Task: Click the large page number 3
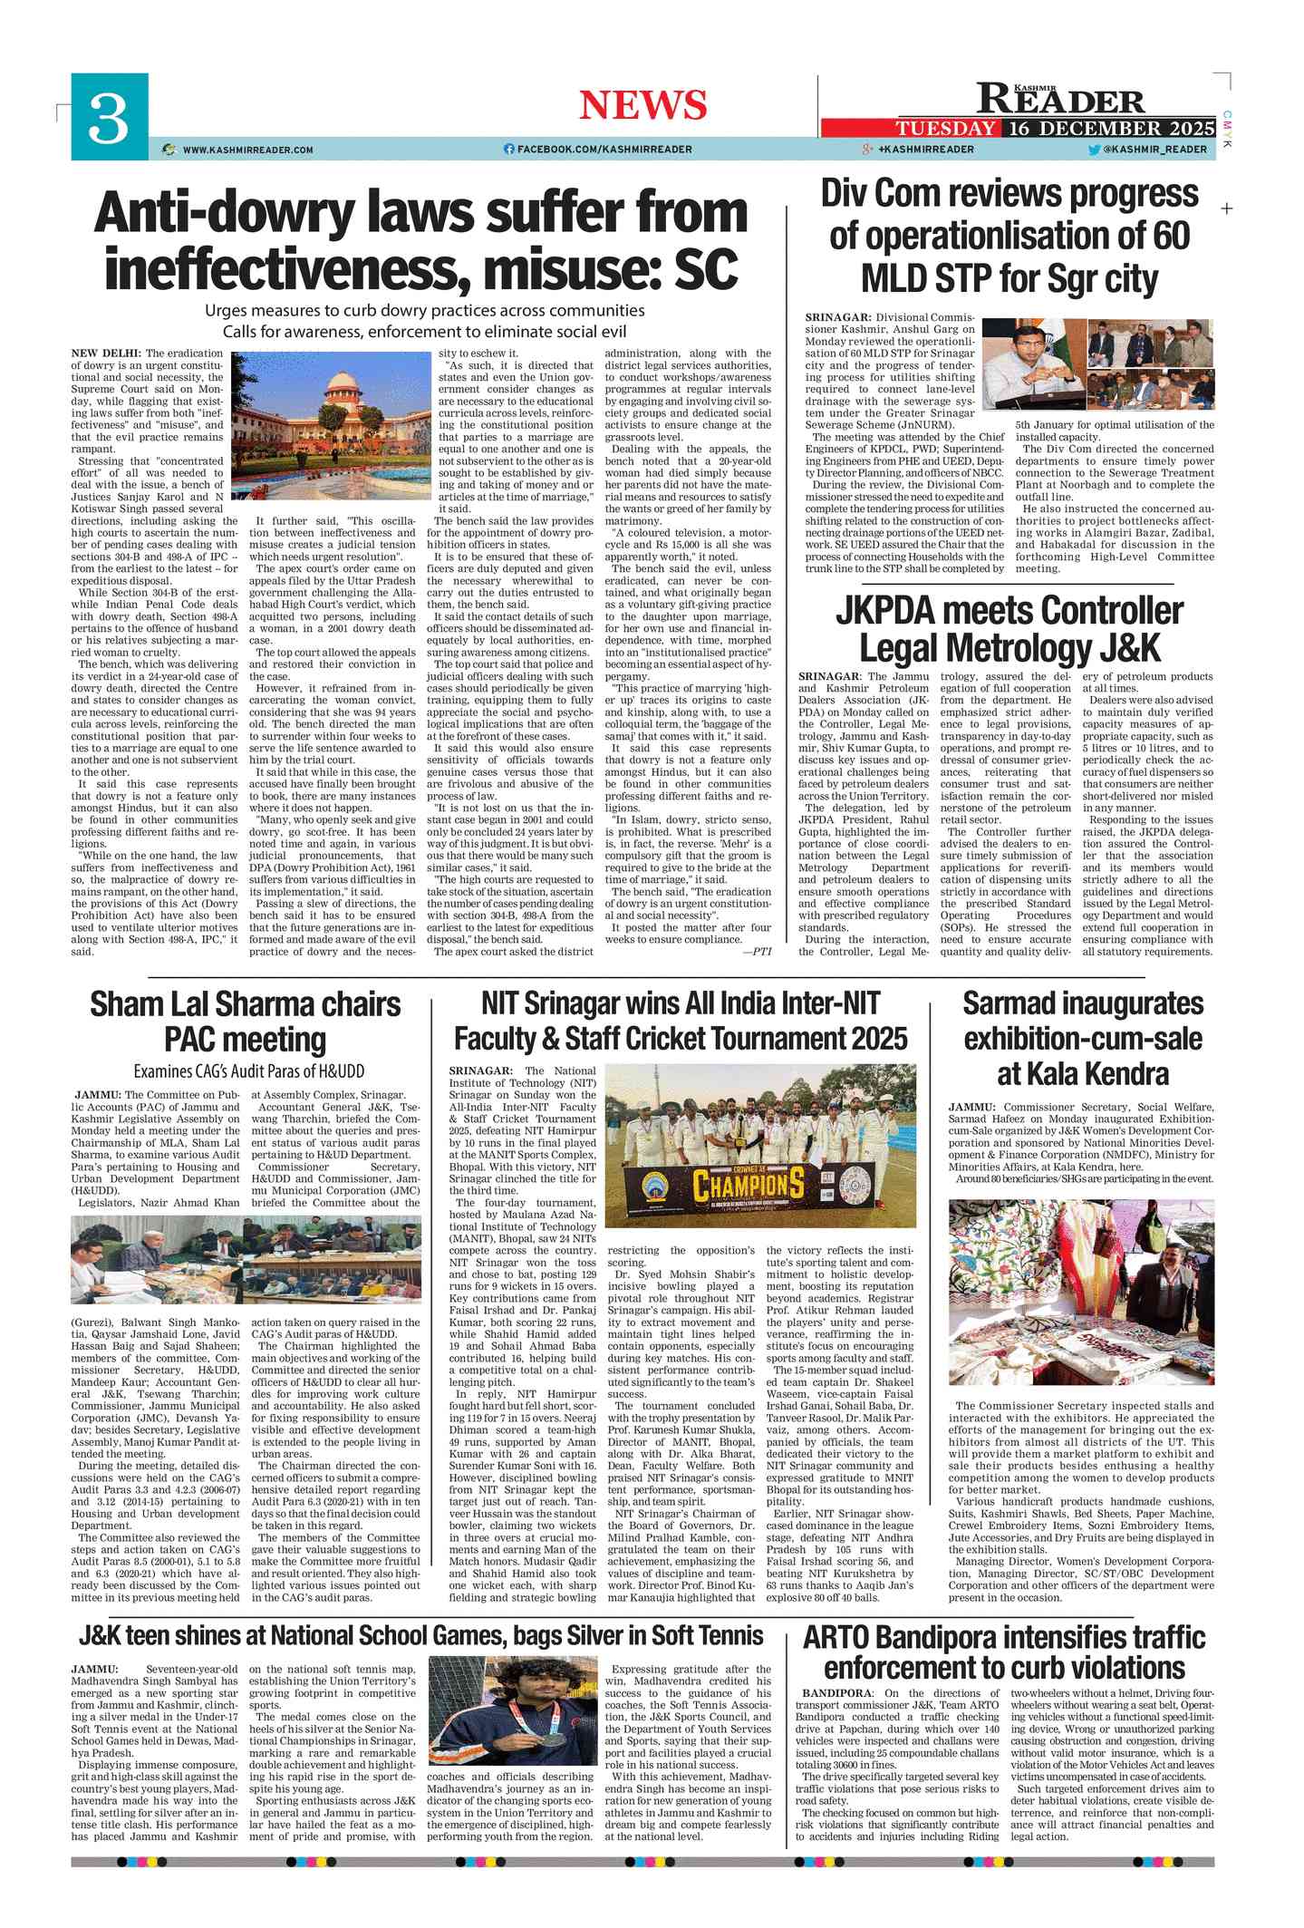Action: point(109,118)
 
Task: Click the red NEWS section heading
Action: point(642,105)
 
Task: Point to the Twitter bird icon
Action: point(1094,150)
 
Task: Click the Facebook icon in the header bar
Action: point(508,150)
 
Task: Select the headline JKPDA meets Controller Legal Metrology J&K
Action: point(1009,629)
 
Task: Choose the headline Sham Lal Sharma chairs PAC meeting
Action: point(246,1022)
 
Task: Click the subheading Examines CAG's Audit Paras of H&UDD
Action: point(249,1071)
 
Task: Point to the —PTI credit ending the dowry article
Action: point(756,951)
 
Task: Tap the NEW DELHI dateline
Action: point(106,354)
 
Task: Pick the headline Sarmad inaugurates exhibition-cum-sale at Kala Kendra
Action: point(1083,1038)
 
